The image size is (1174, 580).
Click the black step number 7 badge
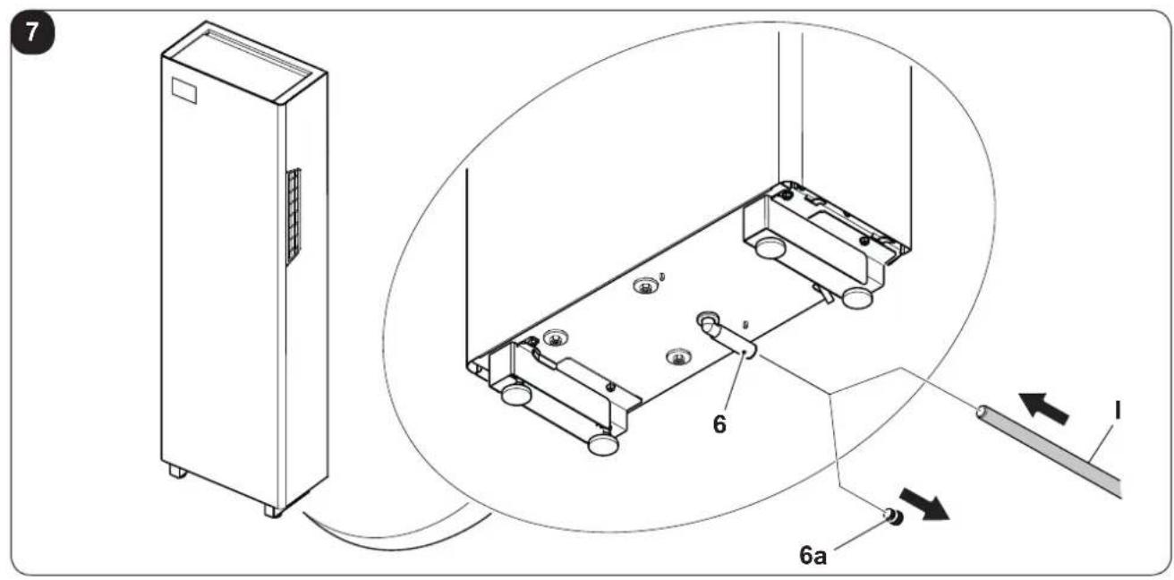[x=32, y=33]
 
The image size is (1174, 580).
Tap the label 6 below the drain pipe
[x=719, y=423]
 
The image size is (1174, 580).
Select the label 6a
[x=812, y=555]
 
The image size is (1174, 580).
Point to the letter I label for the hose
[x=1118, y=410]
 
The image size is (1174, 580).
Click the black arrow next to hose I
[x=1043, y=408]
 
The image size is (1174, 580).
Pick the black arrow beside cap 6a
[x=924, y=504]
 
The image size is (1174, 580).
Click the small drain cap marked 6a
[x=892, y=517]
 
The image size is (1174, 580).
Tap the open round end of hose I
[x=982, y=412]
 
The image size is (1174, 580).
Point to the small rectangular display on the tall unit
[x=184, y=90]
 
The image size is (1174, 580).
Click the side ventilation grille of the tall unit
[x=293, y=216]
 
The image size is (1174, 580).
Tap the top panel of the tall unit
[x=244, y=62]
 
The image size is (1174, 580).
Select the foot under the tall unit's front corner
[x=273, y=511]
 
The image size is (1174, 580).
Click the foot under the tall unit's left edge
[x=178, y=471]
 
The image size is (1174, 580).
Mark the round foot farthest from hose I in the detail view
[x=516, y=394]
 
